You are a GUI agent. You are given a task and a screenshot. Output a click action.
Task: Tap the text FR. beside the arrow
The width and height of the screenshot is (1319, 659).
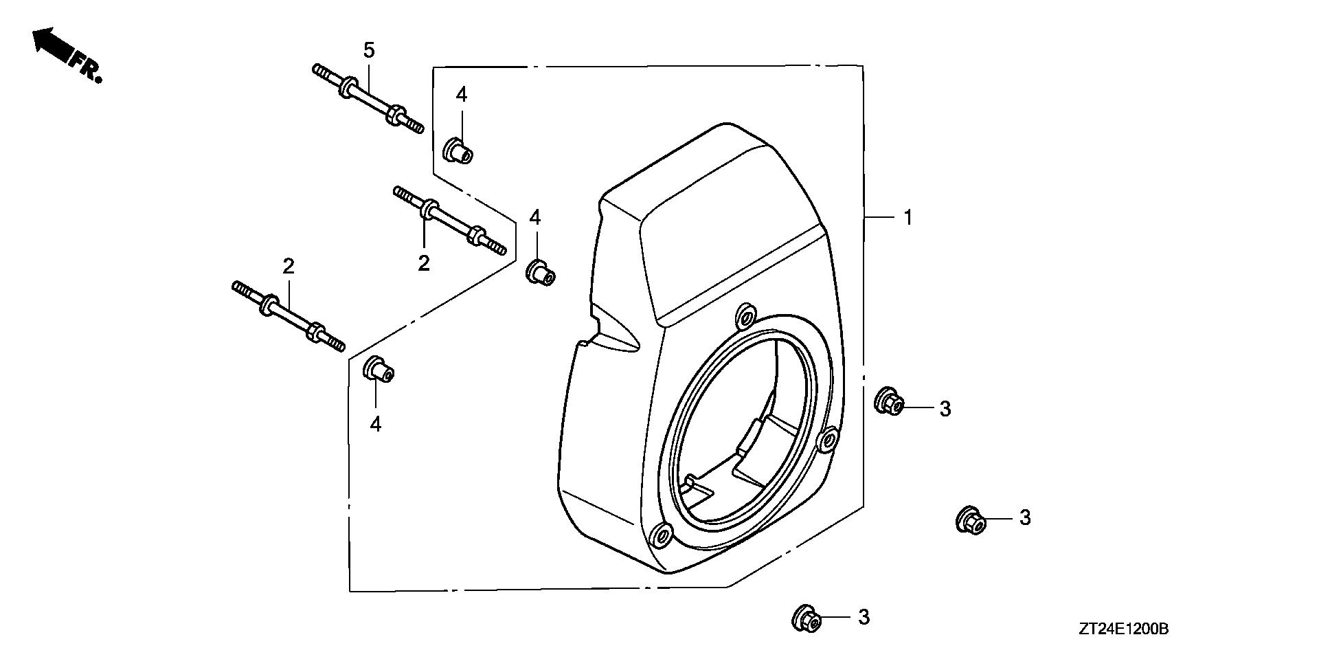click(87, 67)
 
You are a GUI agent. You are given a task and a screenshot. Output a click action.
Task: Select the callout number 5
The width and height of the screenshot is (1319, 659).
click(369, 49)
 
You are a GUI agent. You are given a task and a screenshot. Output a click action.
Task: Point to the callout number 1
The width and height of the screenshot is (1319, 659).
click(907, 218)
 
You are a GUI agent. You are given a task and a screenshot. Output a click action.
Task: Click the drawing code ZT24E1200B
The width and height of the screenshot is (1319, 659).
click(1123, 629)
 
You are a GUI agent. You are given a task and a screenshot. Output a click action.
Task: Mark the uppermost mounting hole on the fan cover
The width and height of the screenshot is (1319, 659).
click(745, 317)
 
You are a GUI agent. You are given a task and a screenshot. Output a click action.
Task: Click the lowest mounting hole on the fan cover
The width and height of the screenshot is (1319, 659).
click(663, 534)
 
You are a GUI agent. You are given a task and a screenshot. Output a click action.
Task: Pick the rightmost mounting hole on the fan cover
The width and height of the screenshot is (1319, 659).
click(828, 438)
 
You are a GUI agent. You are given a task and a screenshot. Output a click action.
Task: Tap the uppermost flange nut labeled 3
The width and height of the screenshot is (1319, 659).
click(888, 401)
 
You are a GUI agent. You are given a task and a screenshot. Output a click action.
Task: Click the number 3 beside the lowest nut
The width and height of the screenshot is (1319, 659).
click(864, 617)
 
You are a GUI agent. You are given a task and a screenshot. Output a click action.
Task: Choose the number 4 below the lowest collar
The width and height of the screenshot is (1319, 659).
click(375, 425)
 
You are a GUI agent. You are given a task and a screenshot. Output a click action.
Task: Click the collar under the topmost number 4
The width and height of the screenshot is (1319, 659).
click(458, 150)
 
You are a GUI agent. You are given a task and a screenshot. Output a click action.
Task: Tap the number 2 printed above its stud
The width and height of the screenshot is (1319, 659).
click(289, 267)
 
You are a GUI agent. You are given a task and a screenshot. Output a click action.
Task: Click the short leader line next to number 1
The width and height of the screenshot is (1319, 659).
click(879, 218)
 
